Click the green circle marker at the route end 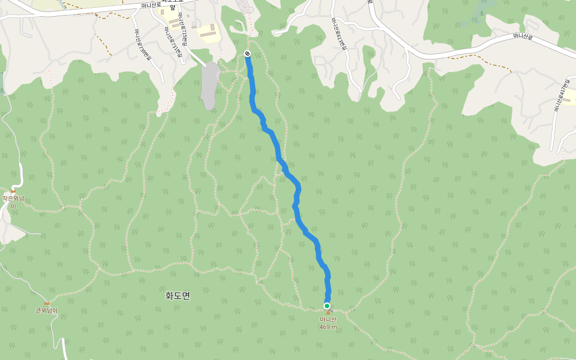click(x=327, y=306)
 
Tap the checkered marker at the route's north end click(x=247, y=54)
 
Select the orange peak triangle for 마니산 click(x=328, y=313)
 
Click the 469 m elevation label click(x=328, y=327)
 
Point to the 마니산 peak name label click(x=328, y=320)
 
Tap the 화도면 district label click(x=178, y=296)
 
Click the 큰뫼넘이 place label click(x=46, y=310)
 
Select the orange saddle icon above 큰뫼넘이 click(x=46, y=303)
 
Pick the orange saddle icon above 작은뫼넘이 click(x=13, y=191)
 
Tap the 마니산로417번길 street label click(x=557, y=96)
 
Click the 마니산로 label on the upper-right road click(x=523, y=37)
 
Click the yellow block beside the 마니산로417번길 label click(x=569, y=97)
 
